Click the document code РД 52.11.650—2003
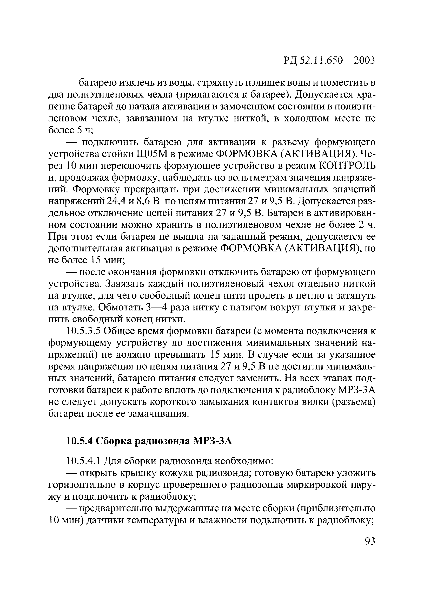coord(329,60)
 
